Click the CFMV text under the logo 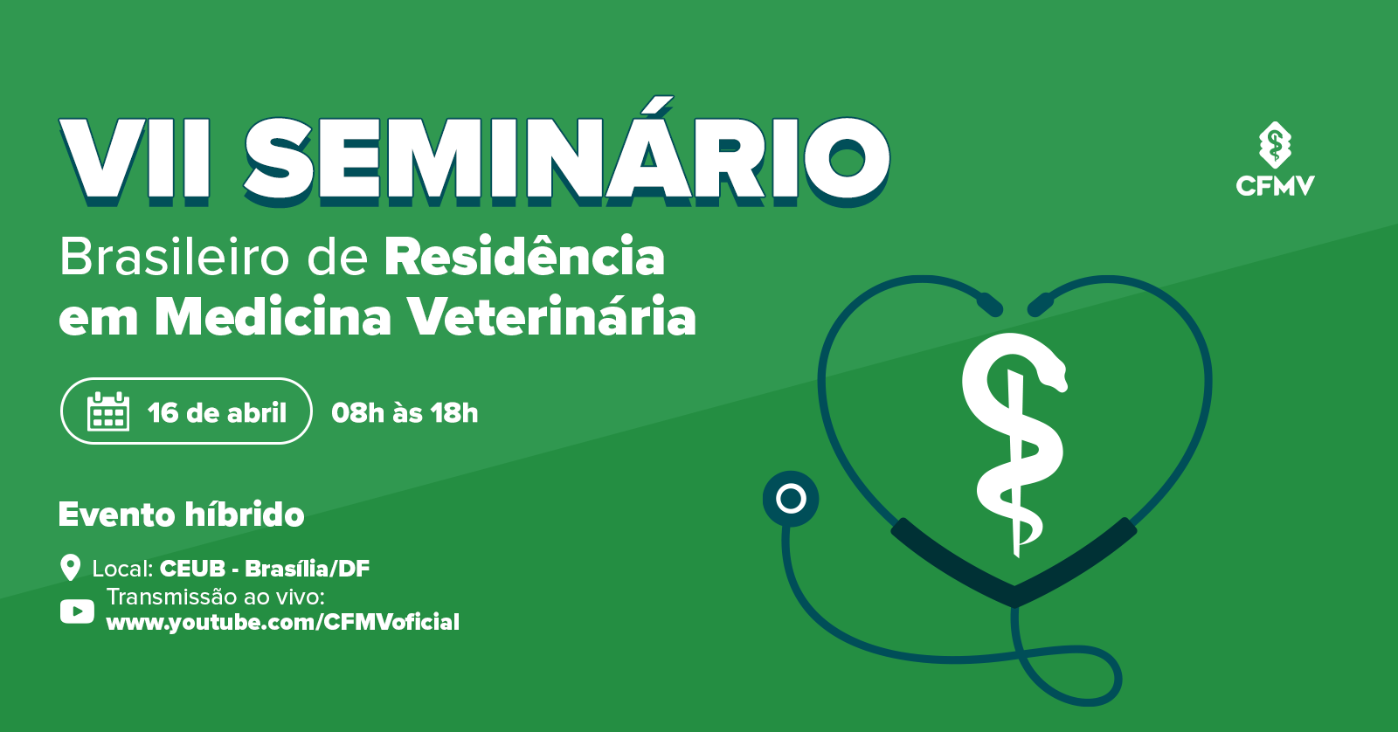(x=1275, y=186)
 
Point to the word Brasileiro (x=175, y=257)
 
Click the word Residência (x=525, y=256)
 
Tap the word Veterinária (x=551, y=316)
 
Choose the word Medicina (x=273, y=316)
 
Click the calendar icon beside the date (x=108, y=412)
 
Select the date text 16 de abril (x=218, y=413)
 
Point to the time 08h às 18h (x=405, y=413)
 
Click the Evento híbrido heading (x=181, y=514)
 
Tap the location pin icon (x=71, y=567)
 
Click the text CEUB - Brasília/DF (x=265, y=569)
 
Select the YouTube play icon (x=78, y=611)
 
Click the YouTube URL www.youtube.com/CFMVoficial (x=283, y=623)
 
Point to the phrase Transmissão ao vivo (x=216, y=597)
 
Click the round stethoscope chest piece (x=791, y=499)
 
